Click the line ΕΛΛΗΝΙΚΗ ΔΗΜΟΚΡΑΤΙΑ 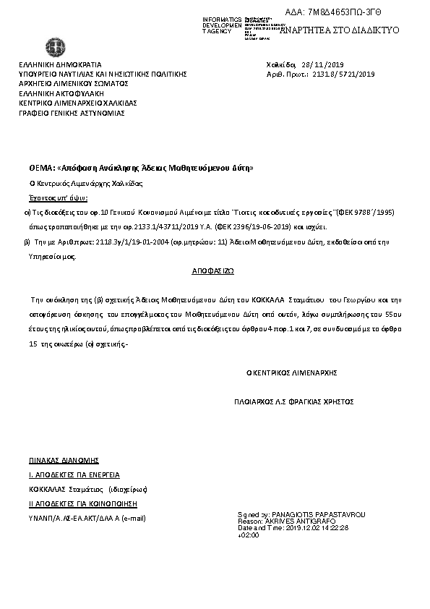(x=60, y=64)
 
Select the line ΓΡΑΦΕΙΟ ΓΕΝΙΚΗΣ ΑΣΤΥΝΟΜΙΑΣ (x=72, y=113)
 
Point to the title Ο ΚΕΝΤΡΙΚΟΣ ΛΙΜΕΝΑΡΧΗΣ (x=292, y=373)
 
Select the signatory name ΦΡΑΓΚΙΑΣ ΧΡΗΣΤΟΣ (x=323, y=401)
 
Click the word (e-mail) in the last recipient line (x=134, y=518)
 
